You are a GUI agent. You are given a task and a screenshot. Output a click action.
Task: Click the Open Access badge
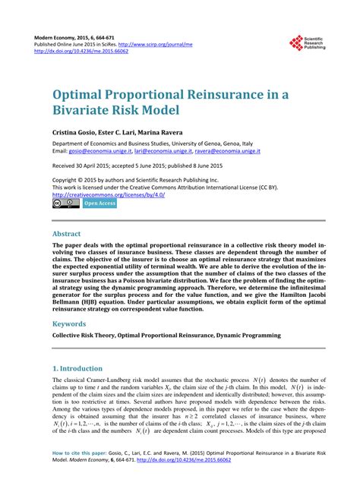pyautogui.click(x=99, y=203)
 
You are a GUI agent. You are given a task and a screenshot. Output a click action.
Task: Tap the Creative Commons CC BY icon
pyautogui.click(x=65, y=203)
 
